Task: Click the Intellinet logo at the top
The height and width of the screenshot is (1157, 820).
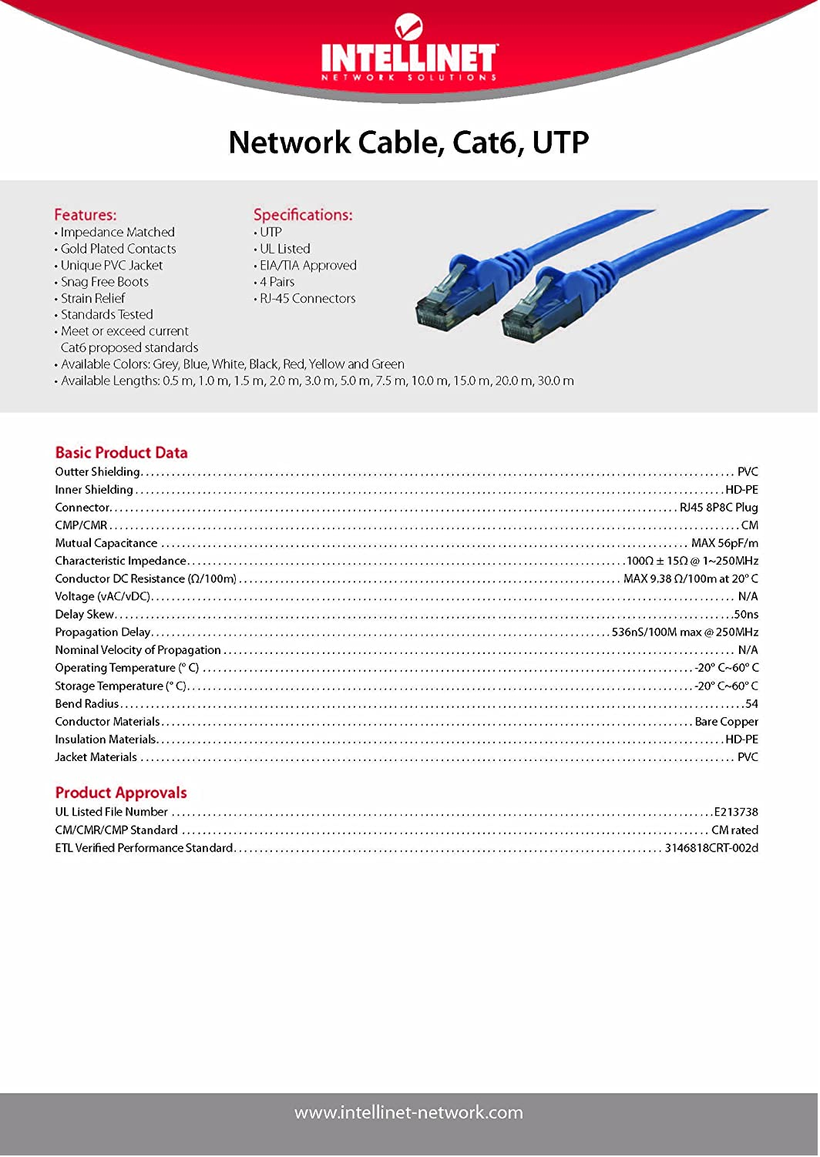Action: tap(408, 51)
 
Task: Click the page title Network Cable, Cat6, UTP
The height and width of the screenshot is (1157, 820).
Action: tap(408, 143)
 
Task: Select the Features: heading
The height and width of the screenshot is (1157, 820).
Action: tap(86, 215)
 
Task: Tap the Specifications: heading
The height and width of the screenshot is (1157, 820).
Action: tap(303, 215)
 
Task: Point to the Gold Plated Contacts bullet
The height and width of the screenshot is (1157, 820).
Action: tap(118, 249)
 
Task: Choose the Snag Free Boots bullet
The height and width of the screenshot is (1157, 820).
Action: tap(104, 282)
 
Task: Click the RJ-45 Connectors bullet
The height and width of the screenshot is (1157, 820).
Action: tap(307, 298)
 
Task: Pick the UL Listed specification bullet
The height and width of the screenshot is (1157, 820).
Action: tap(284, 249)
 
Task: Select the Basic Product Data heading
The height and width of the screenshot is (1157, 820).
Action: tap(121, 453)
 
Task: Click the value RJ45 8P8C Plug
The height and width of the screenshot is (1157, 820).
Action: tap(718, 508)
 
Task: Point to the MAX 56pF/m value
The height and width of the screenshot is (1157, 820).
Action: tap(724, 543)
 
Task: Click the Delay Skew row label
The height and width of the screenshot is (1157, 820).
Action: tap(84, 615)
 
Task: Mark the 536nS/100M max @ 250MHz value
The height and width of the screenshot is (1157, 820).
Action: tap(684, 632)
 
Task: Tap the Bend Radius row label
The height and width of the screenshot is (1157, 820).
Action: tap(86, 704)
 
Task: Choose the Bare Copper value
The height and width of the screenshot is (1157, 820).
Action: tap(726, 722)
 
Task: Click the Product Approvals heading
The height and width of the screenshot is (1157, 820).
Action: tap(121, 793)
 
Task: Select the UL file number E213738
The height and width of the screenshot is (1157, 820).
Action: tap(736, 812)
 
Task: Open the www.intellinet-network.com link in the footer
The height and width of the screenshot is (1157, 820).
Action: tap(408, 1112)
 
